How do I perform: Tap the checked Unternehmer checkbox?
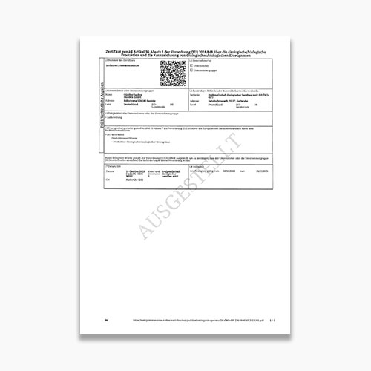[x=191, y=66]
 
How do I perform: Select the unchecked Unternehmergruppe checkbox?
[x=191, y=71]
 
